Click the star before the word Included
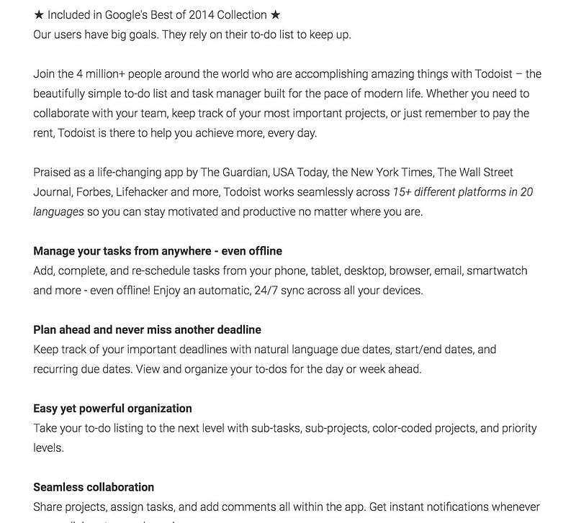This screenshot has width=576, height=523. pyautogui.click(x=39, y=15)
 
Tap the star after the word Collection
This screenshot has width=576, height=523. pyautogui.click(x=275, y=15)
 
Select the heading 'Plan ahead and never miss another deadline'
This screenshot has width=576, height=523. pyautogui.click(x=147, y=329)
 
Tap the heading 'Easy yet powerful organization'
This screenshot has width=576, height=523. pyautogui.click(x=112, y=408)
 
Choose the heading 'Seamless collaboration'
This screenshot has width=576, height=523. pyautogui.click(x=94, y=487)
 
